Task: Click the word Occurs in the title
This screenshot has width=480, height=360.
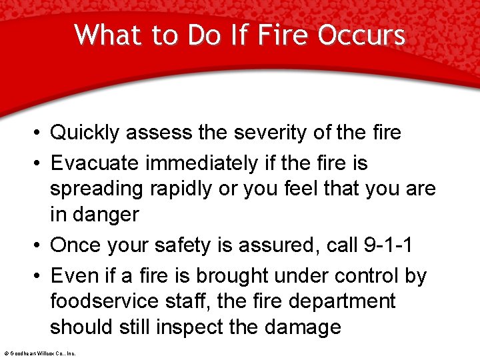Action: click(361, 35)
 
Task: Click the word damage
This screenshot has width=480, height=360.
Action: click(303, 327)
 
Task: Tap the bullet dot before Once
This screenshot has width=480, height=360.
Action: click(40, 245)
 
